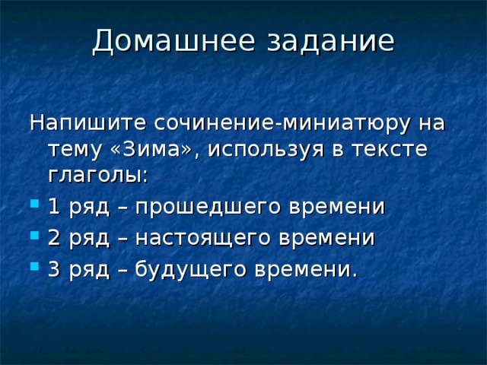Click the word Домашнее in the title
point(173,41)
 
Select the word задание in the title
point(330,40)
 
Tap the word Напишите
point(88,122)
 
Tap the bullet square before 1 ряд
point(35,204)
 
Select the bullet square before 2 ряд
point(35,235)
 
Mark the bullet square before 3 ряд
point(35,266)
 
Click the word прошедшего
point(208,208)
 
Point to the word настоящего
point(202,239)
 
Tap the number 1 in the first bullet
point(54,207)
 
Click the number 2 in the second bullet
point(54,238)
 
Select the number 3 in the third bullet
point(54,269)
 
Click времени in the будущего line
point(306,269)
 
